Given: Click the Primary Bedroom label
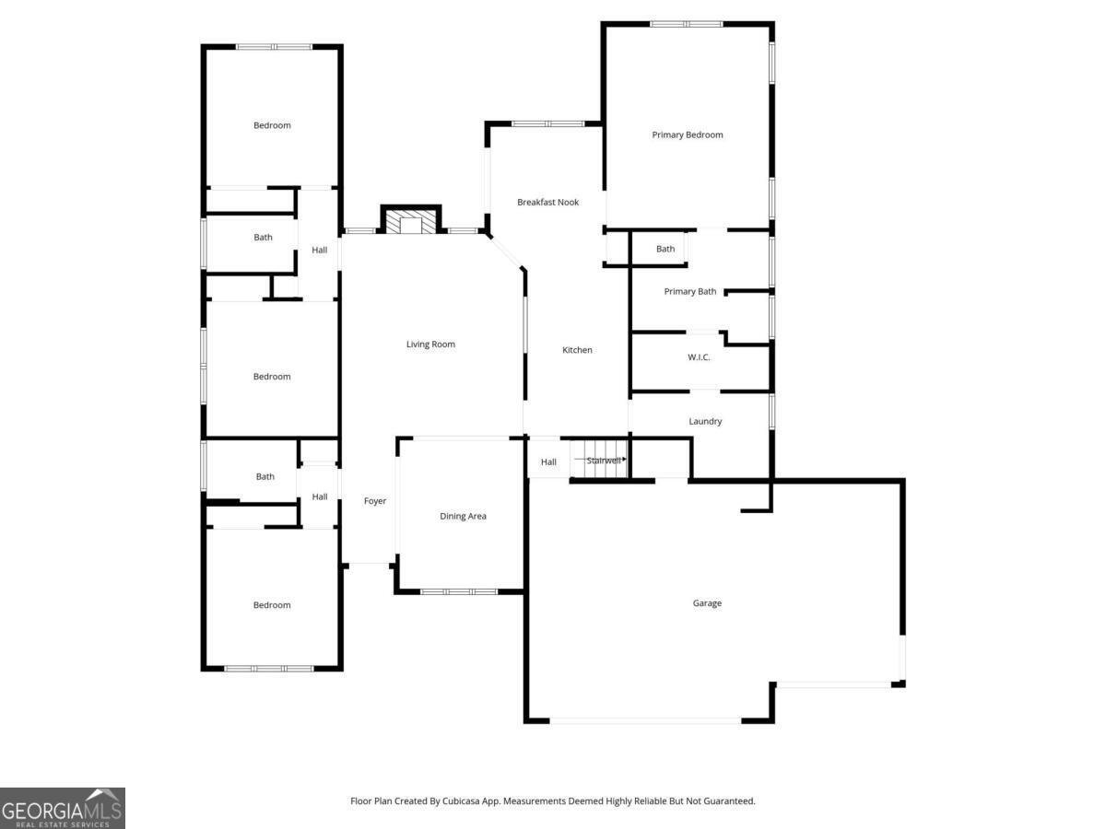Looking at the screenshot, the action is [687, 134].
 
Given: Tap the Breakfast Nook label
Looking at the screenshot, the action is [547, 203].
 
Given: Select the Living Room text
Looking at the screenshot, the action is [430, 344].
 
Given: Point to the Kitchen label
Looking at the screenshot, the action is [577, 350].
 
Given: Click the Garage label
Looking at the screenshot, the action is [707, 603].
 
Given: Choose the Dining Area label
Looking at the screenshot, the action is [463, 516].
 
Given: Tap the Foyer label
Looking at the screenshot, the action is [375, 501].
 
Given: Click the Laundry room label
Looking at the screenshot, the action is [705, 421].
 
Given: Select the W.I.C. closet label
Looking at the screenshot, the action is [699, 357].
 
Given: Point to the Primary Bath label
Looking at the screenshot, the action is [689, 291].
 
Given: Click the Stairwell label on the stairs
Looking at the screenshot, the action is [603, 461].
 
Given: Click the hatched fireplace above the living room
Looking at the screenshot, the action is [411, 220].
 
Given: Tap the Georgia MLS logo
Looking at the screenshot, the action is [63, 808].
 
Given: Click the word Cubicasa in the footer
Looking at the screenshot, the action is [461, 800].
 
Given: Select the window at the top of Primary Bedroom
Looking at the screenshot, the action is [686, 24].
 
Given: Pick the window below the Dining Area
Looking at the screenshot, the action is [458, 592].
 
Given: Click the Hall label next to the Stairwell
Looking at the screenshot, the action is [548, 462].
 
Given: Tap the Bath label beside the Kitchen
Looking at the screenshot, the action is [665, 249].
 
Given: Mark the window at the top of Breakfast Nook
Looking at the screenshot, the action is [547, 123].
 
